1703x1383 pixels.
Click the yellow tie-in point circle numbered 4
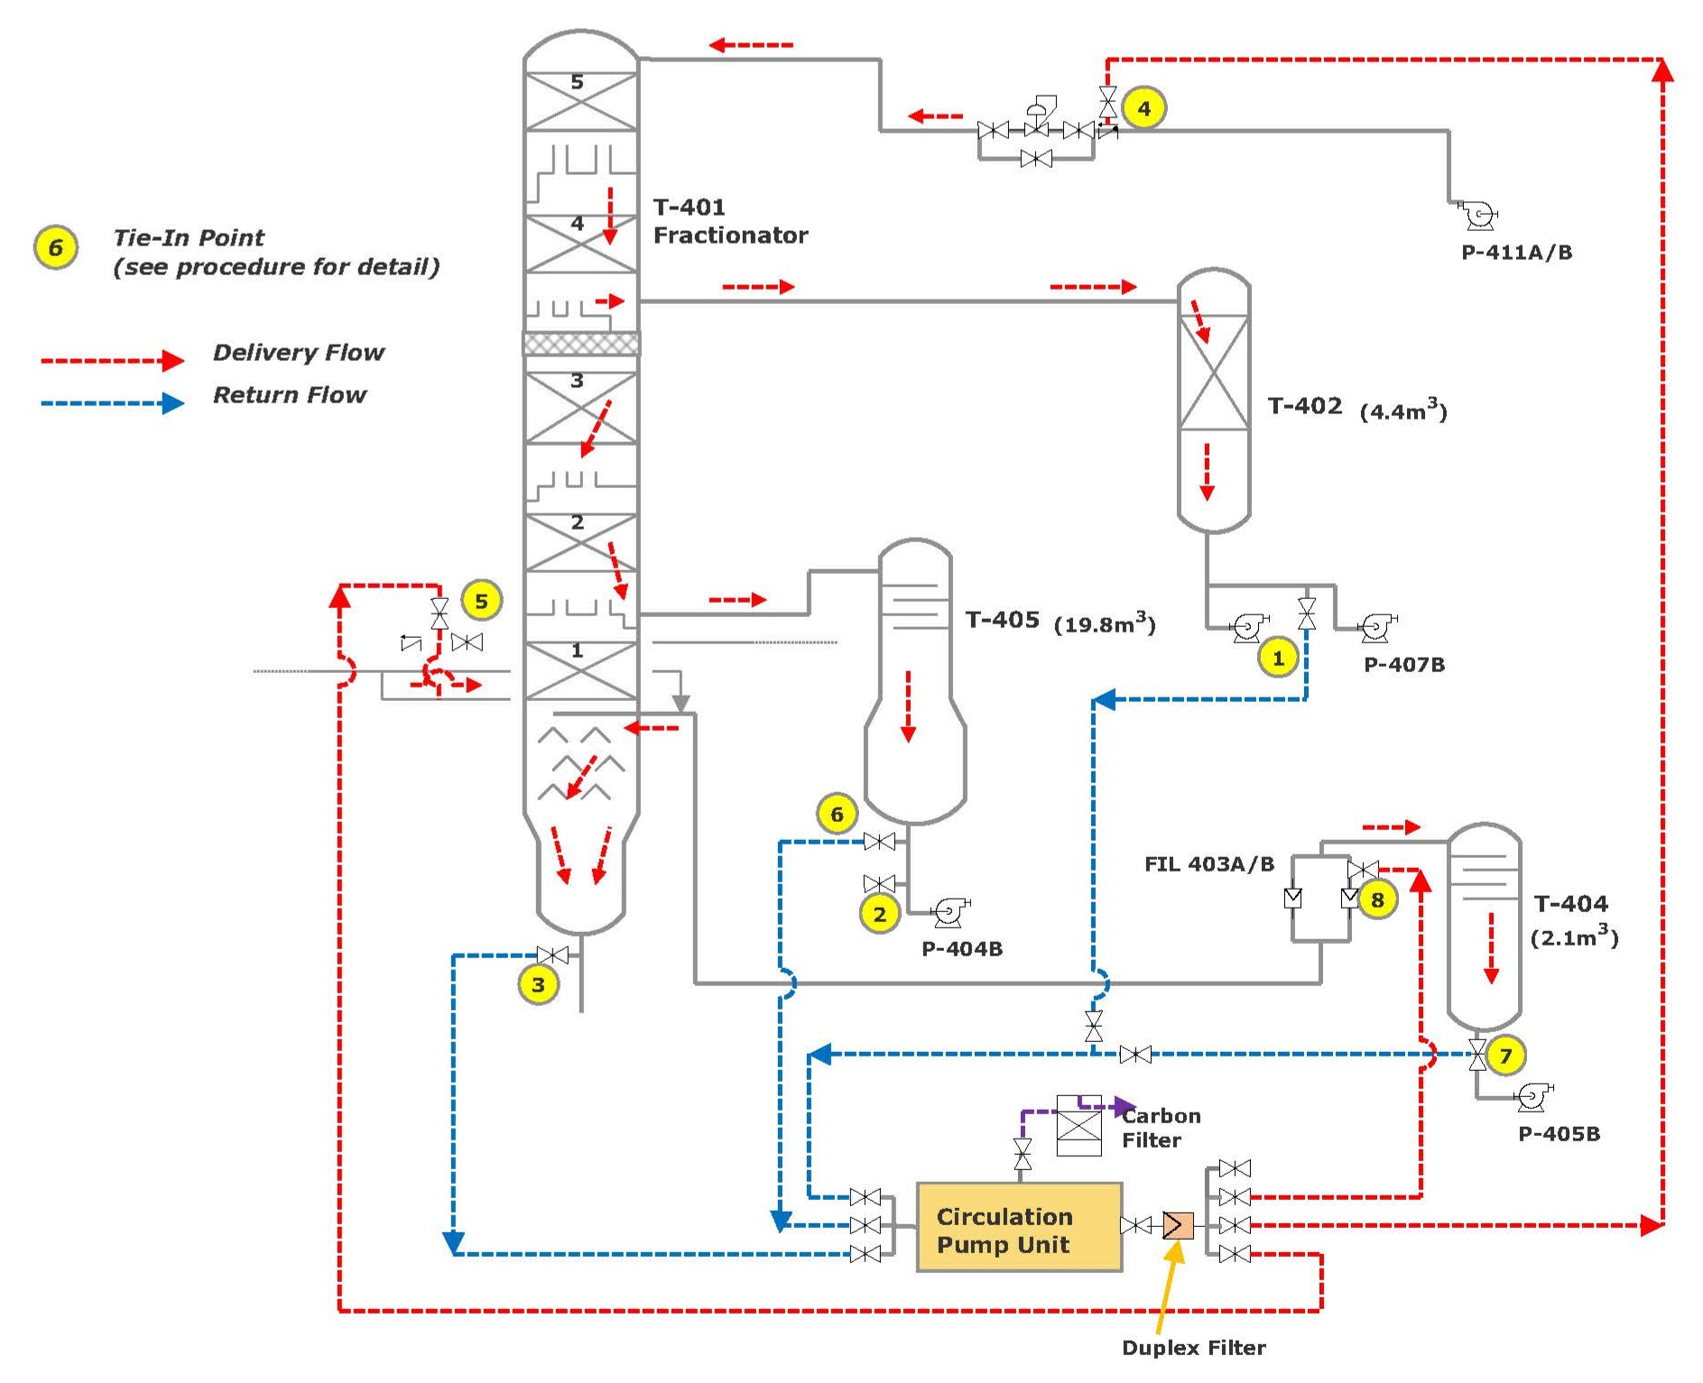coord(1143,108)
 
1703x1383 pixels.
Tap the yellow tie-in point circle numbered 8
coord(1377,899)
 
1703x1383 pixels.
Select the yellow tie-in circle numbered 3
coord(538,984)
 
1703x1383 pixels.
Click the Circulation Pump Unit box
coord(1019,1227)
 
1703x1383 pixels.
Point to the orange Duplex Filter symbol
coord(1178,1225)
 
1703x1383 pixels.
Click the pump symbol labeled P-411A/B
coord(1478,216)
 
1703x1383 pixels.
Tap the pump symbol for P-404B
coord(949,912)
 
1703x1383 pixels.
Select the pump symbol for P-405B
coord(1532,1097)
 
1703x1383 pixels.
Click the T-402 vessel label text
coord(1304,406)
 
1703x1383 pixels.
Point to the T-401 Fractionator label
coord(729,221)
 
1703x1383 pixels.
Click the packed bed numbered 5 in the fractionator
coord(580,101)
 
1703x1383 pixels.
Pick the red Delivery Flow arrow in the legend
coord(112,361)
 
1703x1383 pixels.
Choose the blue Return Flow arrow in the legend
coord(112,403)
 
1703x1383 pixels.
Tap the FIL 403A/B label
coord(1208,864)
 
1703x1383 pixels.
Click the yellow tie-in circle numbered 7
coord(1505,1055)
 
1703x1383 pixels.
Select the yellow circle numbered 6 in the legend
coord(56,247)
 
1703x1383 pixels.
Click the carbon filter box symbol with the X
coord(1078,1127)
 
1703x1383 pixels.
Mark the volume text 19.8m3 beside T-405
coord(1104,623)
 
